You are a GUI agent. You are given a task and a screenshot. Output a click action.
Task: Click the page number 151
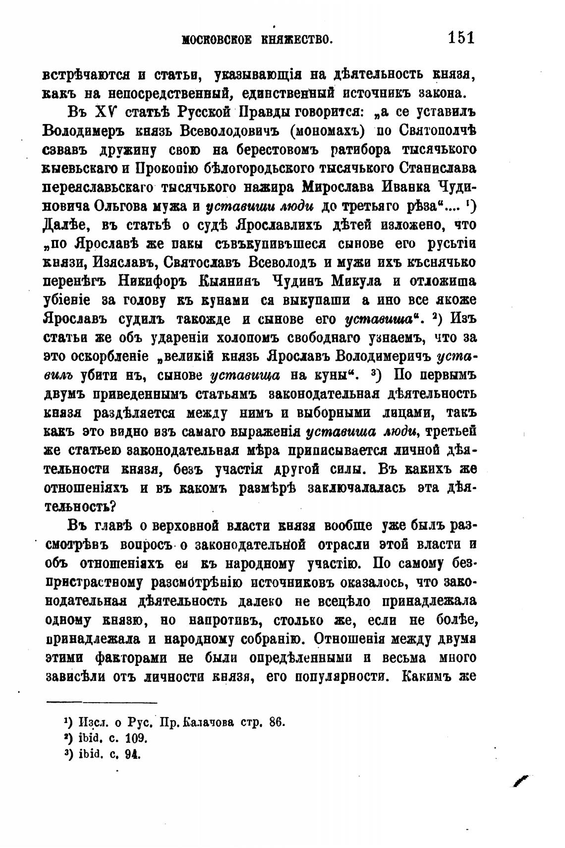coord(461,38)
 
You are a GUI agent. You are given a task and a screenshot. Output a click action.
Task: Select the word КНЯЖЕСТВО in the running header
coord(295,40)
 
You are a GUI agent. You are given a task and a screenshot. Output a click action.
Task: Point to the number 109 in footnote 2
coord(137,738)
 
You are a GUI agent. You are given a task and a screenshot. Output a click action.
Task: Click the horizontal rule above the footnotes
coord(102,702)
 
